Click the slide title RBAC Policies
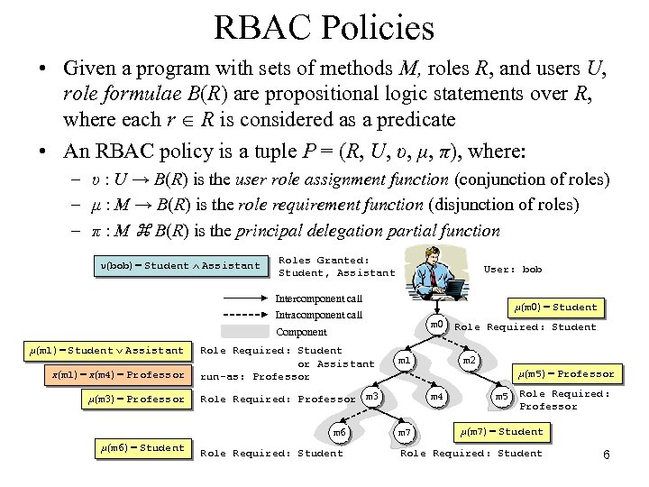coord(324,28)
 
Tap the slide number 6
coord(607,455)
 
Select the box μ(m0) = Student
coord(554,308)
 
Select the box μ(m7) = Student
coord(501,431)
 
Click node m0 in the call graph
coord(436,324)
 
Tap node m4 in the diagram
coord(436,396)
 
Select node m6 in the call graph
coord(339,433)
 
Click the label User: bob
coord(513,269)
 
